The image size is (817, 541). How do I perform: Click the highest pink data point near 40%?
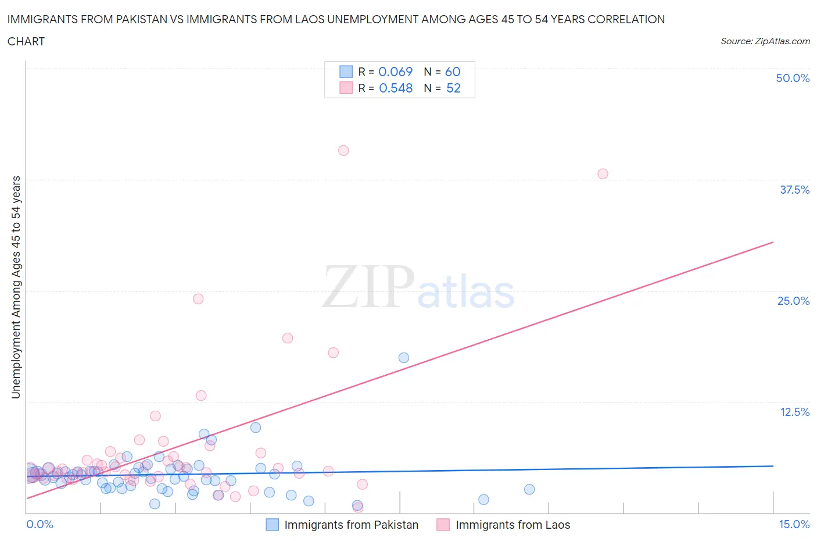pyautogui.click(x=343, y=151)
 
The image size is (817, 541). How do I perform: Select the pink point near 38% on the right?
pyautogui.click(x=603, y=174)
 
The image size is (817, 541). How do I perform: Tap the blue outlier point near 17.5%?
pyautogui.click(x=404, y=358)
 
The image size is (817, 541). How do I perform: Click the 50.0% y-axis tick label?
pyautogui.click(x=793, y=78)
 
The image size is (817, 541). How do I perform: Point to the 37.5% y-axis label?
pyautogui.click(x=794, y=190)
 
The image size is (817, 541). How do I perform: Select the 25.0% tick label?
pyautogui.click(x=793, y=301)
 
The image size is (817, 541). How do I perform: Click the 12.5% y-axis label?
pyautogui.click(x=794, y=412)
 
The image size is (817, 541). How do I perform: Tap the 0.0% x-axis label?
pyautogui.click(x=40, y=524)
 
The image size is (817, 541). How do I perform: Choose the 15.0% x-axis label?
pyautogui.click(x=794, y=524)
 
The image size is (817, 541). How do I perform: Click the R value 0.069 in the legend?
pyautogui.click(x=395, y=72)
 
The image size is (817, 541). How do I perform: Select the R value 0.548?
pyautogui.click(x=396, y=88)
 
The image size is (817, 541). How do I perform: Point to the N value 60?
pyautogui.click(x=453, y=72)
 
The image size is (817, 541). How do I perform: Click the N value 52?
pyautogui.click(x=453, y=88)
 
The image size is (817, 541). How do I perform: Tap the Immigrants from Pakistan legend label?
pyautogui.click(x=351, y=525)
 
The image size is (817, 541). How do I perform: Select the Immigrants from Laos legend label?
pyautogui.click(x=513, y=525)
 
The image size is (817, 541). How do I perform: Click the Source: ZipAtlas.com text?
pyautogui.click(x=765, y=41)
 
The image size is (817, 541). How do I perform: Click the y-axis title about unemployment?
pyautogui.click(x=16, y=287)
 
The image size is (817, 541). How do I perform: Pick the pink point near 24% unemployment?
pyautogui.click(x=198, y=299)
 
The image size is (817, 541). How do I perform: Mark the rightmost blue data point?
pyautogui.click(x=529, y=489)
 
